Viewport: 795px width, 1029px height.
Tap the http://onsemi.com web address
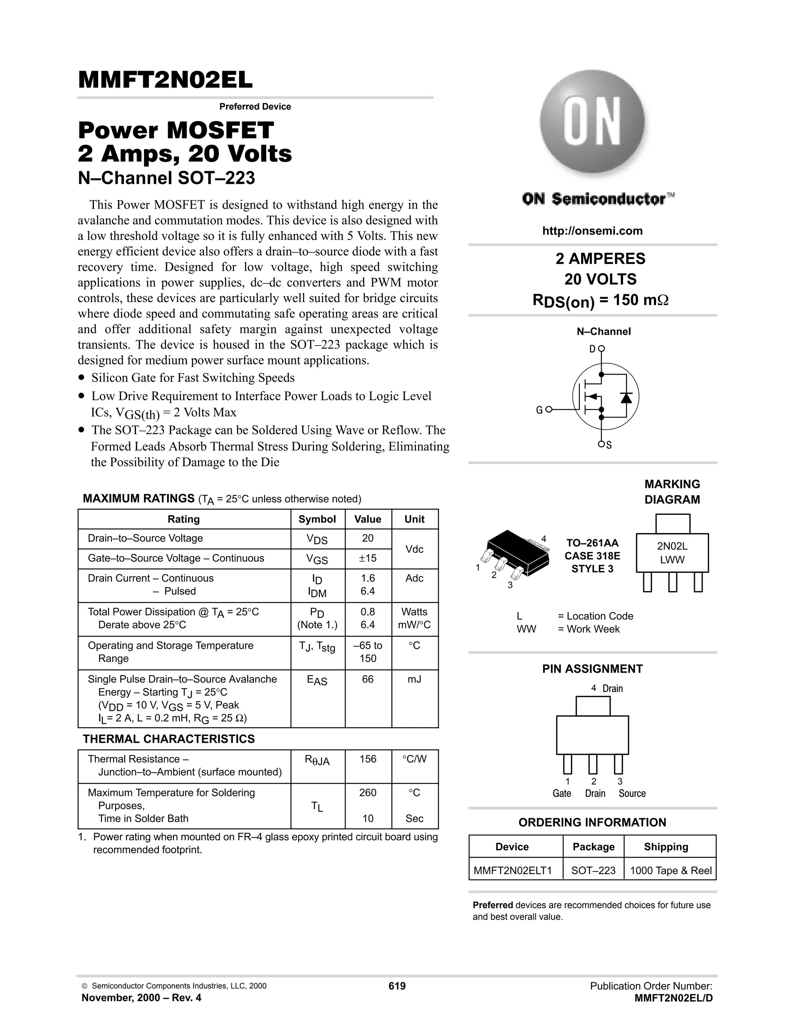pyautogui.click(x=592, y=231)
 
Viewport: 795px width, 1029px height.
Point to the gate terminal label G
pyautogui.click(x=539, y=410)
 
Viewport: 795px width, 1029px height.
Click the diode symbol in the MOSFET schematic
pyautogui.click(x=626, y=398)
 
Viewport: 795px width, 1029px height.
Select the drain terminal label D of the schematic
pyautogui.click(x=592, y=349)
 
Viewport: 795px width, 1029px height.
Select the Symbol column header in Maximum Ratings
pyautogui.click(x=317, y=519)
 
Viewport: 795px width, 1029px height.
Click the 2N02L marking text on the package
pyautogui.click(x=672, y=547)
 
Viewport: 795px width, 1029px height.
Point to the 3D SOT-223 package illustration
pyautogui.click(x=516, y=556)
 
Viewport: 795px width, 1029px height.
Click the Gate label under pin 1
pyautogui.click(x=561, y=793)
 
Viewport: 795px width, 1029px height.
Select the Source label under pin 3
pyautogui.click(x=632, y=793)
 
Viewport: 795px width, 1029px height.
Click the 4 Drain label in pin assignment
pyautogui.click(x=607, y=688)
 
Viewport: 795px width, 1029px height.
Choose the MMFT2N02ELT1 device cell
pyautogui.click(x=512, y=871)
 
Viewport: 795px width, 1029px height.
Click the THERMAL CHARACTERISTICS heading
pyautogui.click(x=168, y=739)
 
